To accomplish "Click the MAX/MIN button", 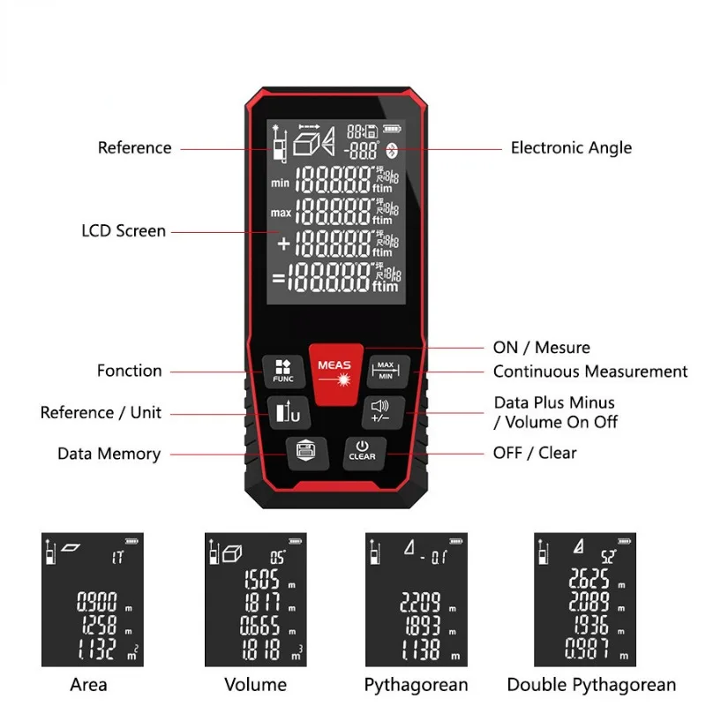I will pyautogui.click(x=386, y=370).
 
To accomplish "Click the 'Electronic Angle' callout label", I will pyautogui.click(x=571, y=148).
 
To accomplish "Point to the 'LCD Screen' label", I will pyautogui.click(x=124, y=231).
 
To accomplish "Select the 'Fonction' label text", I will pyautogui.click(x=130, y=372).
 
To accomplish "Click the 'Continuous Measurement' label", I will pyautogui.click(x=590, y=372).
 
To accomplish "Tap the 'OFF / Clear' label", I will pyautogui.click(x=534, y=454).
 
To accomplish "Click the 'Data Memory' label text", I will pyautogui.click(x=109, y=454).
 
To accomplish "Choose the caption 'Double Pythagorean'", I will pyautogui.click(x=591, y=685).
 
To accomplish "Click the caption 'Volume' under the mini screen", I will pyautogui.click(x=255, y=685).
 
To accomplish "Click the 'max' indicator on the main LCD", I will pyautogui.click(x=281, y=213).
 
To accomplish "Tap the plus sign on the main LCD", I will pyautogui.click(x=284, y=244).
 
